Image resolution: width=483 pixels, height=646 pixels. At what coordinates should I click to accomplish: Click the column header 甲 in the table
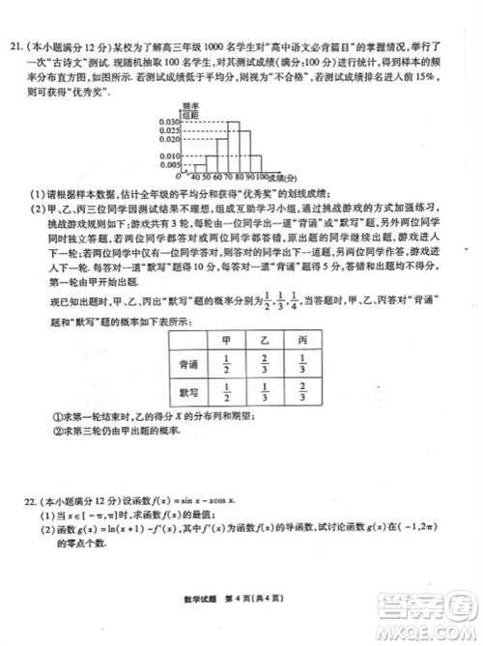pos(227,342)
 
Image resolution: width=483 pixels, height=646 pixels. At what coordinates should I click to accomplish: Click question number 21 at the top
pos(17,45)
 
